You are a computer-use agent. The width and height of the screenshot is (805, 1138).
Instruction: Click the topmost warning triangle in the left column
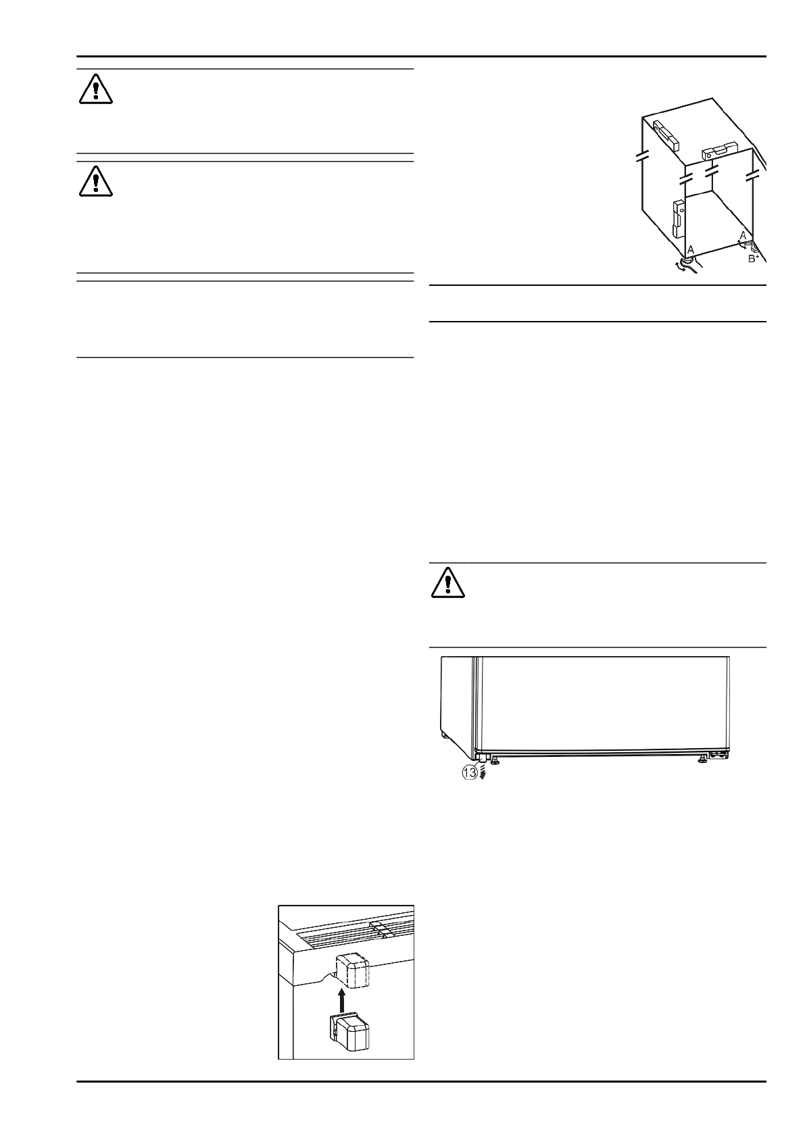95,89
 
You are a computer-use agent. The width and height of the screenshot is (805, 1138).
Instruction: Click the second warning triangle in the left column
95,180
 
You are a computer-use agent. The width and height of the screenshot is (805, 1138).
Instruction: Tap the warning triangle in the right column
448,582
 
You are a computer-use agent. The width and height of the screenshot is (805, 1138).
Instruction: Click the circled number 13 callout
470,772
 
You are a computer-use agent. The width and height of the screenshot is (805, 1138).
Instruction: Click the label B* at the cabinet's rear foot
755,257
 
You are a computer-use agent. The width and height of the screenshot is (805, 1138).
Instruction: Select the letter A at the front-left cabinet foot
690,249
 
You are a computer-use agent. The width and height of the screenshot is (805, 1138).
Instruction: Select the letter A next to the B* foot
743,234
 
